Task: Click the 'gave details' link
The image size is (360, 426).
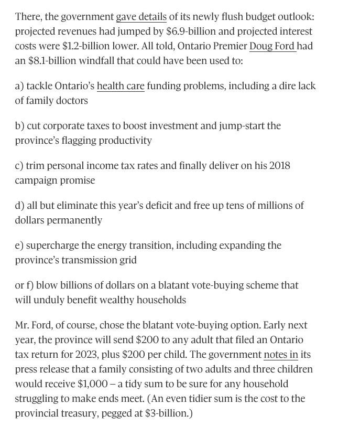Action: [141, 17]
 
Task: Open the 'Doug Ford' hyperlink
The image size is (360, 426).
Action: [272, 46]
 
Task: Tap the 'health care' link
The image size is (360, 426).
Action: [121, 86]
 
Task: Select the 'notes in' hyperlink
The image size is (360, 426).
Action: [280, 355]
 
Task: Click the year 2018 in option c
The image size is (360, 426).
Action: [279, 166]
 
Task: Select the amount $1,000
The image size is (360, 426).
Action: [93, 384]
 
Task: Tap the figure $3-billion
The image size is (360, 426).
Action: [165, 413]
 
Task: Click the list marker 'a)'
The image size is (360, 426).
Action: [19, 86]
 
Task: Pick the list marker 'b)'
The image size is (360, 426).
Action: [20, 126]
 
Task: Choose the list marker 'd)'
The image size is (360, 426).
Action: [20, 206]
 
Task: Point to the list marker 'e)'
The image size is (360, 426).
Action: [19, 246]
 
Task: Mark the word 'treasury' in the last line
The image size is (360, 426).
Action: [77, 413]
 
